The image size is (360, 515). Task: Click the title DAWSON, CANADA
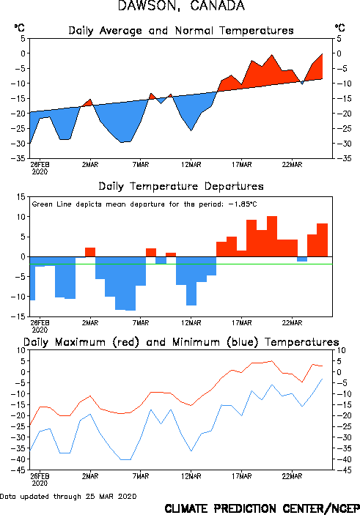click(181, 6)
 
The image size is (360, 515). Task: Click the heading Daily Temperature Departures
click(181, 186)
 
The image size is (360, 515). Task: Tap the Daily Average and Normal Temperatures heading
click(181, 31)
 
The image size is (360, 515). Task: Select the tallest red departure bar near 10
click(272, 236)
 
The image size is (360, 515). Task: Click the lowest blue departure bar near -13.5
click(131, 284)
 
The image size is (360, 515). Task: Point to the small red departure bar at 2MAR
click(90, 252)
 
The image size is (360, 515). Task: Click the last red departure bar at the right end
click(322, 240)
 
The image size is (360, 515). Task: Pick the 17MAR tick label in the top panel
click(242, 165)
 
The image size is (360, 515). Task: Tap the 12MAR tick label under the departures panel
click(191, 323)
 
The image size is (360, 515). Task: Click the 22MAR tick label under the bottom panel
click(292, 476)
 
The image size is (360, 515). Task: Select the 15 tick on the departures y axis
click(21, 197)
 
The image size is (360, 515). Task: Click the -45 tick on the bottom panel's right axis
click(341, 470)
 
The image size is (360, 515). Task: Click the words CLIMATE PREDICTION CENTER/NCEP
click(262, 508)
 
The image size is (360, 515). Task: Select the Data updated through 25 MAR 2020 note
click(68, 496)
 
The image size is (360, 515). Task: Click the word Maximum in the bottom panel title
click(80, 342)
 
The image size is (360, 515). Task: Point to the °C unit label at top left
click(19, 28)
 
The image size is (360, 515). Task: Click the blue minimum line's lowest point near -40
click(125, 459)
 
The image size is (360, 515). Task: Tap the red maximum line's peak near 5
click(271, 361)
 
